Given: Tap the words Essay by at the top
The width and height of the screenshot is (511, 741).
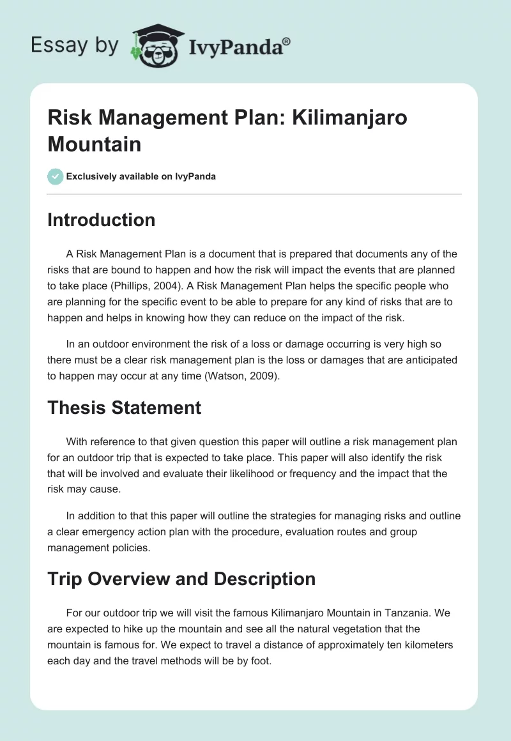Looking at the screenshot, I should [74, 45].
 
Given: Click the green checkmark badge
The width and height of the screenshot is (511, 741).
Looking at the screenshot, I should [55, 176].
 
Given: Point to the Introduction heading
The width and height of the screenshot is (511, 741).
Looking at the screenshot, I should [101, 220].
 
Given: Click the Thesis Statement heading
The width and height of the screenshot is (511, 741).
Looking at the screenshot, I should [124, 407].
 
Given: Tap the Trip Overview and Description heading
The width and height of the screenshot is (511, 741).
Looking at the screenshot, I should [181, 579].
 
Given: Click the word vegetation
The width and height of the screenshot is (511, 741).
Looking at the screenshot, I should [332, 629].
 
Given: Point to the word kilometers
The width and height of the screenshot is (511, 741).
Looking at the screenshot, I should [422, 645].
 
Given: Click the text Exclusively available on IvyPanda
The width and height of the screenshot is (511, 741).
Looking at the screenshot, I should [141, 176].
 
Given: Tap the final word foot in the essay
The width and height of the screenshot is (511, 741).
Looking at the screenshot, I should [261, 661].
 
